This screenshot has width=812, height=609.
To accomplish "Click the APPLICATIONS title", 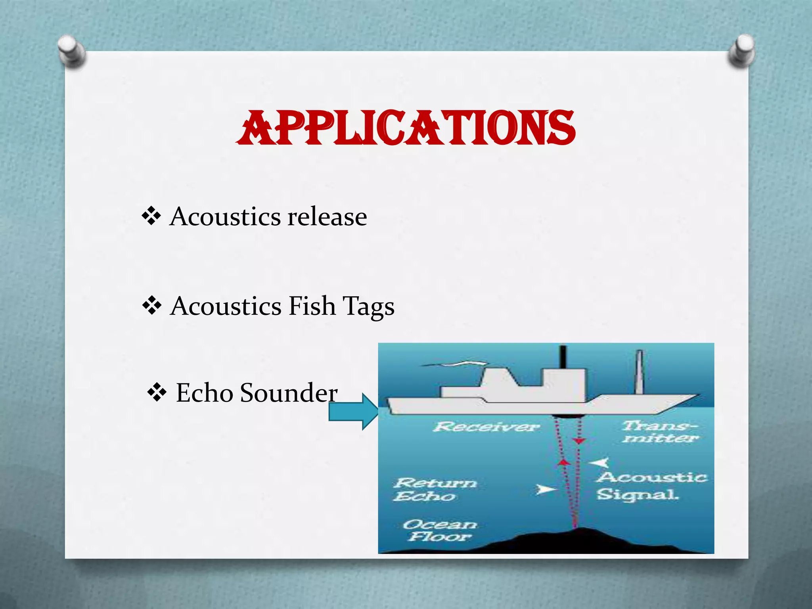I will pyautogui.click(x=405, y=128).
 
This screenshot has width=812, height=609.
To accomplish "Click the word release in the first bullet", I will pyautogui.click(x=327, y=217).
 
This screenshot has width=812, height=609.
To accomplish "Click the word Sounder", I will pyautogui.click(x=289, y=393).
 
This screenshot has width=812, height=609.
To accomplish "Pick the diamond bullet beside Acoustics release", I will pyautogui.click(x=151, y=216).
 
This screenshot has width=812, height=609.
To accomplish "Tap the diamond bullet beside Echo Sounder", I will pyautogui.click(x=157, y=393).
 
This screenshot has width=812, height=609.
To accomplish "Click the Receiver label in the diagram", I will pyautogui.click(x=486, y=427).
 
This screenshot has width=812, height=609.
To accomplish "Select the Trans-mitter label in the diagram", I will pyautogui.click(x=660, y=431).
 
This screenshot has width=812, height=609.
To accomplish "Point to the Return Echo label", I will pyautogui.click(x=435, y=489).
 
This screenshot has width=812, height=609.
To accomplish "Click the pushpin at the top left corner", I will pyautogui.click(x=71, y=51).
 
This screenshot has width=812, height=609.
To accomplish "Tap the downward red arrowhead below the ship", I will pyautogui.click(x=579, y=441).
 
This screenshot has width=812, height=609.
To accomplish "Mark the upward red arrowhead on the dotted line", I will pyautogui.click(x=565, y=462).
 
